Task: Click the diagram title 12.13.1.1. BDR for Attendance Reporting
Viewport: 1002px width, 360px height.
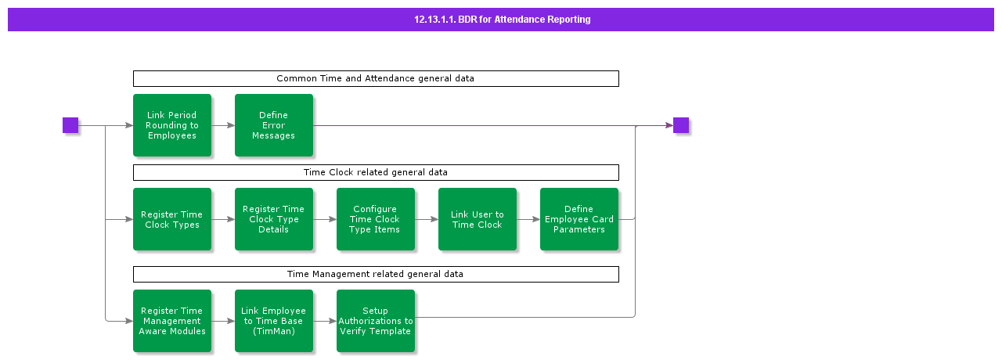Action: (x=502, y=20)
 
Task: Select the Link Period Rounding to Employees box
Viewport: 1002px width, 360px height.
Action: (x=172, y=125)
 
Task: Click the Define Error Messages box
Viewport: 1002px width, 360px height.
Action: (x=274, y=125)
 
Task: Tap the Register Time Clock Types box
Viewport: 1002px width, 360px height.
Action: (x=172, y=219)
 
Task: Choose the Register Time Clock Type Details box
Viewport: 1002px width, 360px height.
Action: (x=274, y=219)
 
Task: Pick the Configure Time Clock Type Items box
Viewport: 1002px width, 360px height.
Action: (x=376, y=219)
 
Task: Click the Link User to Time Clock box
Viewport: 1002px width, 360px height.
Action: (x=478, y=219)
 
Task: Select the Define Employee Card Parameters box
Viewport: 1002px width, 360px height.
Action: (x=579, y=219)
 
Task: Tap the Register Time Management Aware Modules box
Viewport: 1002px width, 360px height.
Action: (x=172, y=321)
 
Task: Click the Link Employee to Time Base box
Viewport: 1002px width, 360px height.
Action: (x=274, y=321)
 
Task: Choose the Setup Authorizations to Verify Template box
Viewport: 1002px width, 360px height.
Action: (x=376, y=321)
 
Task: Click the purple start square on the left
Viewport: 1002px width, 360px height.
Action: (x=70, y=125)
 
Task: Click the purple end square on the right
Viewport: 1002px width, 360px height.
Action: (x=681, y=125)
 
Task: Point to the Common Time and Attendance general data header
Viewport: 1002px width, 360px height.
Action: (x=376, y=78)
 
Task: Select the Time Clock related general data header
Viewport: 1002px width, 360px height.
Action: (x=376, y=172)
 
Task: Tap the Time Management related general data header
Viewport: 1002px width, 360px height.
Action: (x=376, y=274)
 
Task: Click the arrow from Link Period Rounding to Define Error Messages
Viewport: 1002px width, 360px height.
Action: (x=223, y=125)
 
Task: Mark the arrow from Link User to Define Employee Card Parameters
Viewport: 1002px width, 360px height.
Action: (x=528, y=219)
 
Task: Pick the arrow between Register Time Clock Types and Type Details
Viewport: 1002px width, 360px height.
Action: (x=223, y=219)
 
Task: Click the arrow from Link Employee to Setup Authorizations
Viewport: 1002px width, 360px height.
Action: (x=325, y=321)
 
